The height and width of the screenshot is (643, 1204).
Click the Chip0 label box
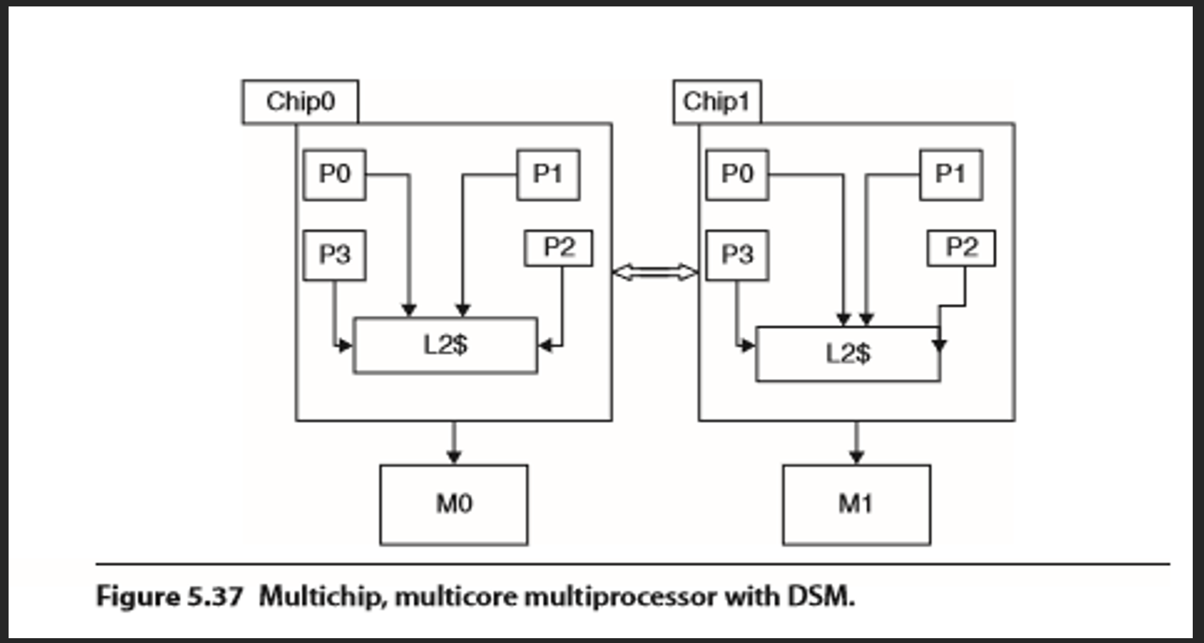(x=300, y=102)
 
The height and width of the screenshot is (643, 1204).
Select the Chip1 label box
(x=717, y=102)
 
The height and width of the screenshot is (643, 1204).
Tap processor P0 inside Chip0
(x=334, y=174)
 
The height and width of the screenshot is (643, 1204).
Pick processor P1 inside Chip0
(x=548, y=174)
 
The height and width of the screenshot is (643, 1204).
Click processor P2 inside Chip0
(x=559, y=248)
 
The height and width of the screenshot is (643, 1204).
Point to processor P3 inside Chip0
(x=334, y=255)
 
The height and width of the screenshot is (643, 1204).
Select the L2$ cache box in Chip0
(x=445, y=345)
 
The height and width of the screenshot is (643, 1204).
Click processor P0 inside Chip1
(x=737, y=174)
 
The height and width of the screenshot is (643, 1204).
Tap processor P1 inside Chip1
(x=951, y=174)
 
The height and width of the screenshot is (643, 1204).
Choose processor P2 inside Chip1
(x=961, y=248)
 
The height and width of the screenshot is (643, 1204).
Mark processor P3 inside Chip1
(x=737, y=255)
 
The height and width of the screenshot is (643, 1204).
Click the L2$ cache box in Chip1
(x=848, y=354)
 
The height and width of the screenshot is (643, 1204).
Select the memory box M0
(x=454, y=505)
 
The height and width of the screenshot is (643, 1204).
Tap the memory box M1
(x=856, y=505)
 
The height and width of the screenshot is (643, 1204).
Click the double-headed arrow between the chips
(x=655, y=272)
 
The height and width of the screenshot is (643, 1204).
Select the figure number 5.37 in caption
(x=215, y=597)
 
